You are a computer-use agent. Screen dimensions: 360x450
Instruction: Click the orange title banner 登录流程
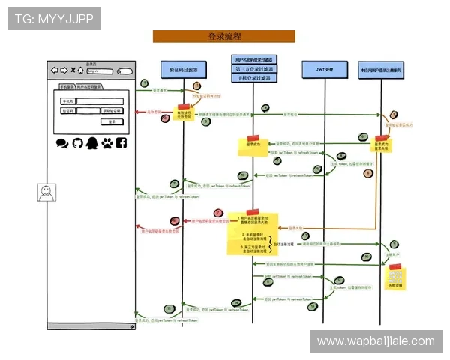point(223,36)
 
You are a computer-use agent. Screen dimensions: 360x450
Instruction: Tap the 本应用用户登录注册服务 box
point(381,69)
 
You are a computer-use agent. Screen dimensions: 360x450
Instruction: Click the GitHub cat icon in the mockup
point(77,142)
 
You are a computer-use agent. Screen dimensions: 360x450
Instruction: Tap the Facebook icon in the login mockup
point(121,142)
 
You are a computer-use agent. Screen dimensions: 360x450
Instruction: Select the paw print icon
point(106,142)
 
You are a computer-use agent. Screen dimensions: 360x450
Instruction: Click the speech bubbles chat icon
point(62,142)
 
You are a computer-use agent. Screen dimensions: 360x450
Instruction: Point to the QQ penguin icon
point(91,142)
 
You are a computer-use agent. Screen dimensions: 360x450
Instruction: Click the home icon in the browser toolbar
point(81,71)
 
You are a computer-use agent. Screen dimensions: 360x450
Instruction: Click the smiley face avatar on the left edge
point(46,193)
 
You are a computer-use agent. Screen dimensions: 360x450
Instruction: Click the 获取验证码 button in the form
point(111,110)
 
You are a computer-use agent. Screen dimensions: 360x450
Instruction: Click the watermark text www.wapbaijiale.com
point(375,341)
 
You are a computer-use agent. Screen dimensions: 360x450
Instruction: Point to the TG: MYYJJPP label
point(53,18)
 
